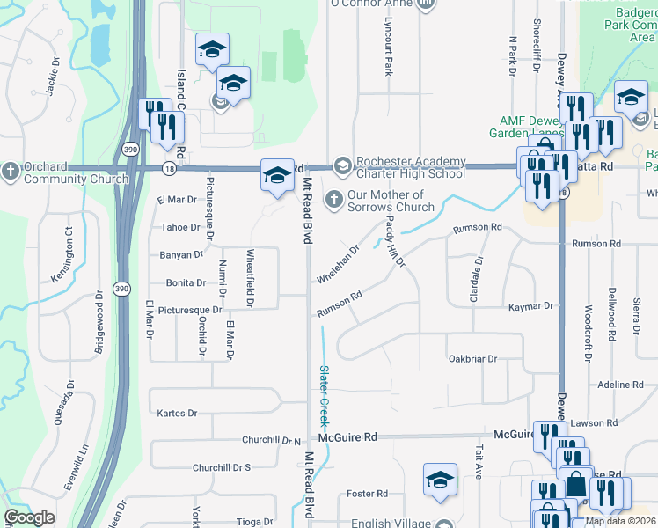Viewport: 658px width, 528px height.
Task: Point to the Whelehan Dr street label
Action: pos(339,264)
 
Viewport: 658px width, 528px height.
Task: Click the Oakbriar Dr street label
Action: pos(472,359)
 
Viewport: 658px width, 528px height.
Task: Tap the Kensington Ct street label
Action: pos(62,255)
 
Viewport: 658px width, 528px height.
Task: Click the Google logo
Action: pos(29,517)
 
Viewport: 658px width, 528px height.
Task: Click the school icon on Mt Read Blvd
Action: pos(277,175)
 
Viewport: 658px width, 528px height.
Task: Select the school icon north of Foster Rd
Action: pos(440,480)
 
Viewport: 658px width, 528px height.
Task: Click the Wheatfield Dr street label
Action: pos(251,279)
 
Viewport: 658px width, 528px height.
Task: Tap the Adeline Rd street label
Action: pos(620,385)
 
